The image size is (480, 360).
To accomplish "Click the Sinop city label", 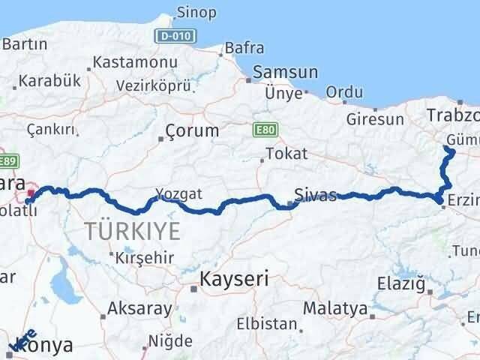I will click(196, 12).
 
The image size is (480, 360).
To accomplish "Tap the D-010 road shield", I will click(174, 35).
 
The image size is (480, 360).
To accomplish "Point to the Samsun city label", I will click(285, 73).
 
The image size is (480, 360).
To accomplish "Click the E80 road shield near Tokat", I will click(262, 129).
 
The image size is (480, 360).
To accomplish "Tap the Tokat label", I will click(289, 154).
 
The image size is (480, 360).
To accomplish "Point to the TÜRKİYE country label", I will click(133, 232).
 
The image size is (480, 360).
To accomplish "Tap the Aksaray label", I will click(139, 307).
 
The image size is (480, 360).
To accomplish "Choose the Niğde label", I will click(170, 341).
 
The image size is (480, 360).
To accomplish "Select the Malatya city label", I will click(335, 308).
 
